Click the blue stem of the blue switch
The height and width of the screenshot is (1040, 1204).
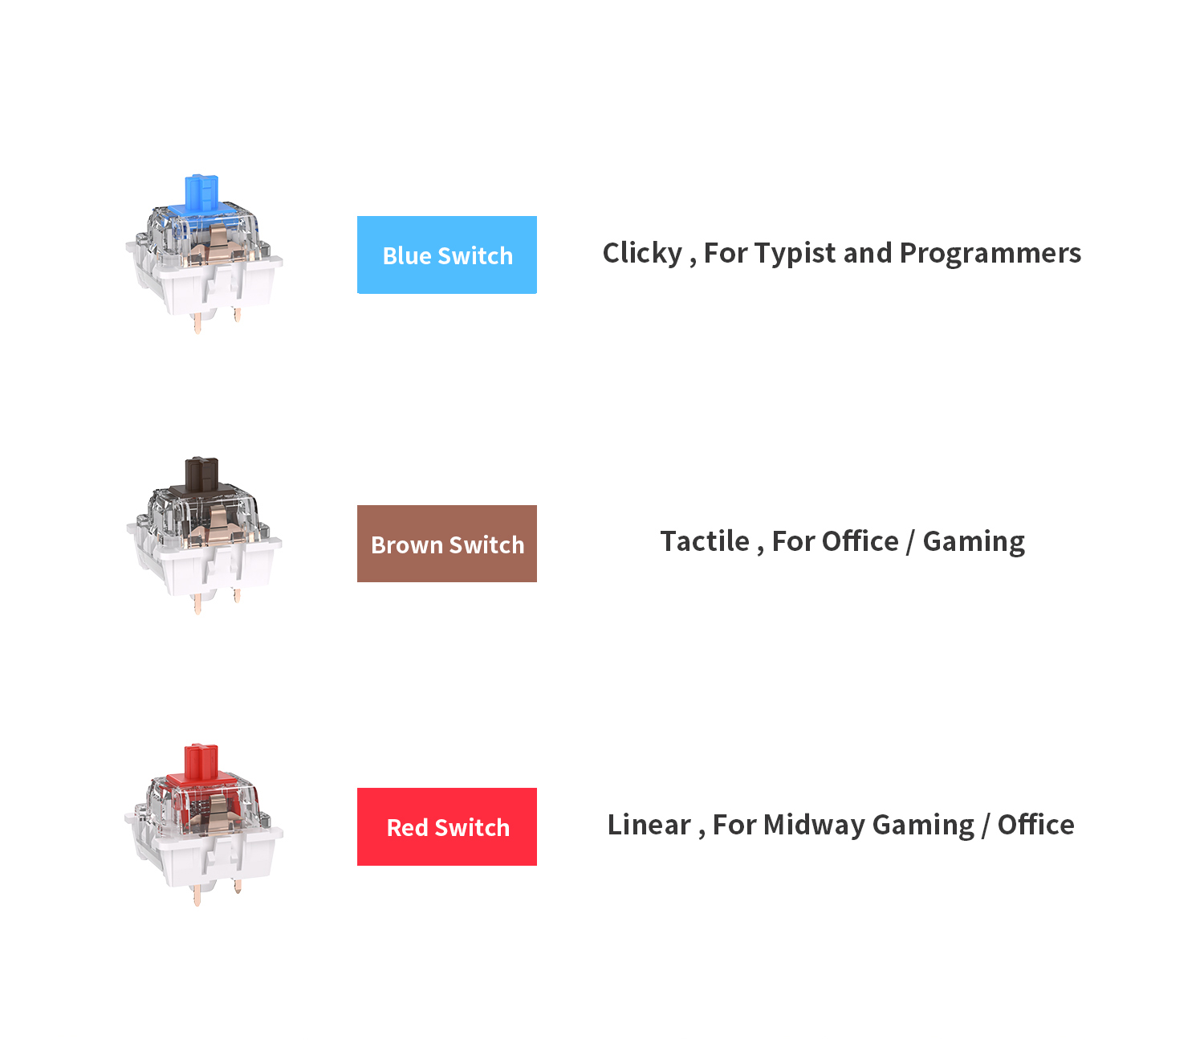click(x=201, y=193)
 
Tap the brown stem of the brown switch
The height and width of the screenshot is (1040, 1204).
click(x=201, y=475)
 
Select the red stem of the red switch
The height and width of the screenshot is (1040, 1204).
click(x=201, y=761)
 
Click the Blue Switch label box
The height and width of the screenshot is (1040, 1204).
click(x=447, y=255)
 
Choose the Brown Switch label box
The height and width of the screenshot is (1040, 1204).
click(x=447, y=544)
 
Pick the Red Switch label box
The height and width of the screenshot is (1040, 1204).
click(x=447, y=826)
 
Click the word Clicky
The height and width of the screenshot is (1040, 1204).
click(x=642, y=254)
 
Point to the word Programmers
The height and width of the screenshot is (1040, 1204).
click(x=990, y=254)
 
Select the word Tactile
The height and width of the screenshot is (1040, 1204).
click(x=705, y=541)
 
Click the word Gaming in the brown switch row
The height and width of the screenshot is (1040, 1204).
click(x=974, y=542)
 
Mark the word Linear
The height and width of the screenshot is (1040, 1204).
click(x=649, y=825)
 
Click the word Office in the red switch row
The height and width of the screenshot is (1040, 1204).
click(x=1036, y=825)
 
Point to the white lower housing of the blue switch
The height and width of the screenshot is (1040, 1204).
click(x=204, y=286)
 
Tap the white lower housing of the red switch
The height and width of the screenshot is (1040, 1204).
click(x=204, y=857)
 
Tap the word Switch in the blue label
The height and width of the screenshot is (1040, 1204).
click(x=475, y=256)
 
